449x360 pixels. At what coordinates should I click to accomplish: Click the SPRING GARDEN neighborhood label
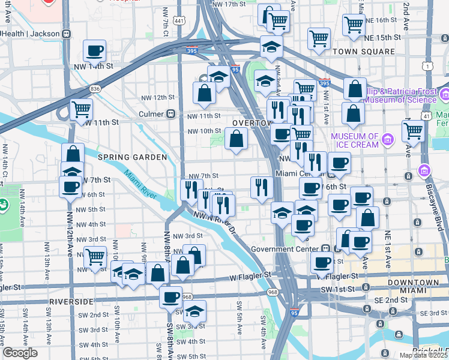(132, 157)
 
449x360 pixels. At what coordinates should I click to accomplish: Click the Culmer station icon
(171, 113)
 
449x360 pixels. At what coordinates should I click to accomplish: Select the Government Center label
(286, 249)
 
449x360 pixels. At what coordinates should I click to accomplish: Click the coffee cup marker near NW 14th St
(94, 51)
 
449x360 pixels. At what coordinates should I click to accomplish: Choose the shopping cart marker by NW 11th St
(81, 110)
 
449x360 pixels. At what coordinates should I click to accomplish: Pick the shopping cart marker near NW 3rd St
(95, 257)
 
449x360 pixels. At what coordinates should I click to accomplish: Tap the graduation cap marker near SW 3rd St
(194, 311)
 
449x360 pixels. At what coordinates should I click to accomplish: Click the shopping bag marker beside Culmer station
(205, 93)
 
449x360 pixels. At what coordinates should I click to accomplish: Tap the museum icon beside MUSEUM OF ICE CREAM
(387, 140)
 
